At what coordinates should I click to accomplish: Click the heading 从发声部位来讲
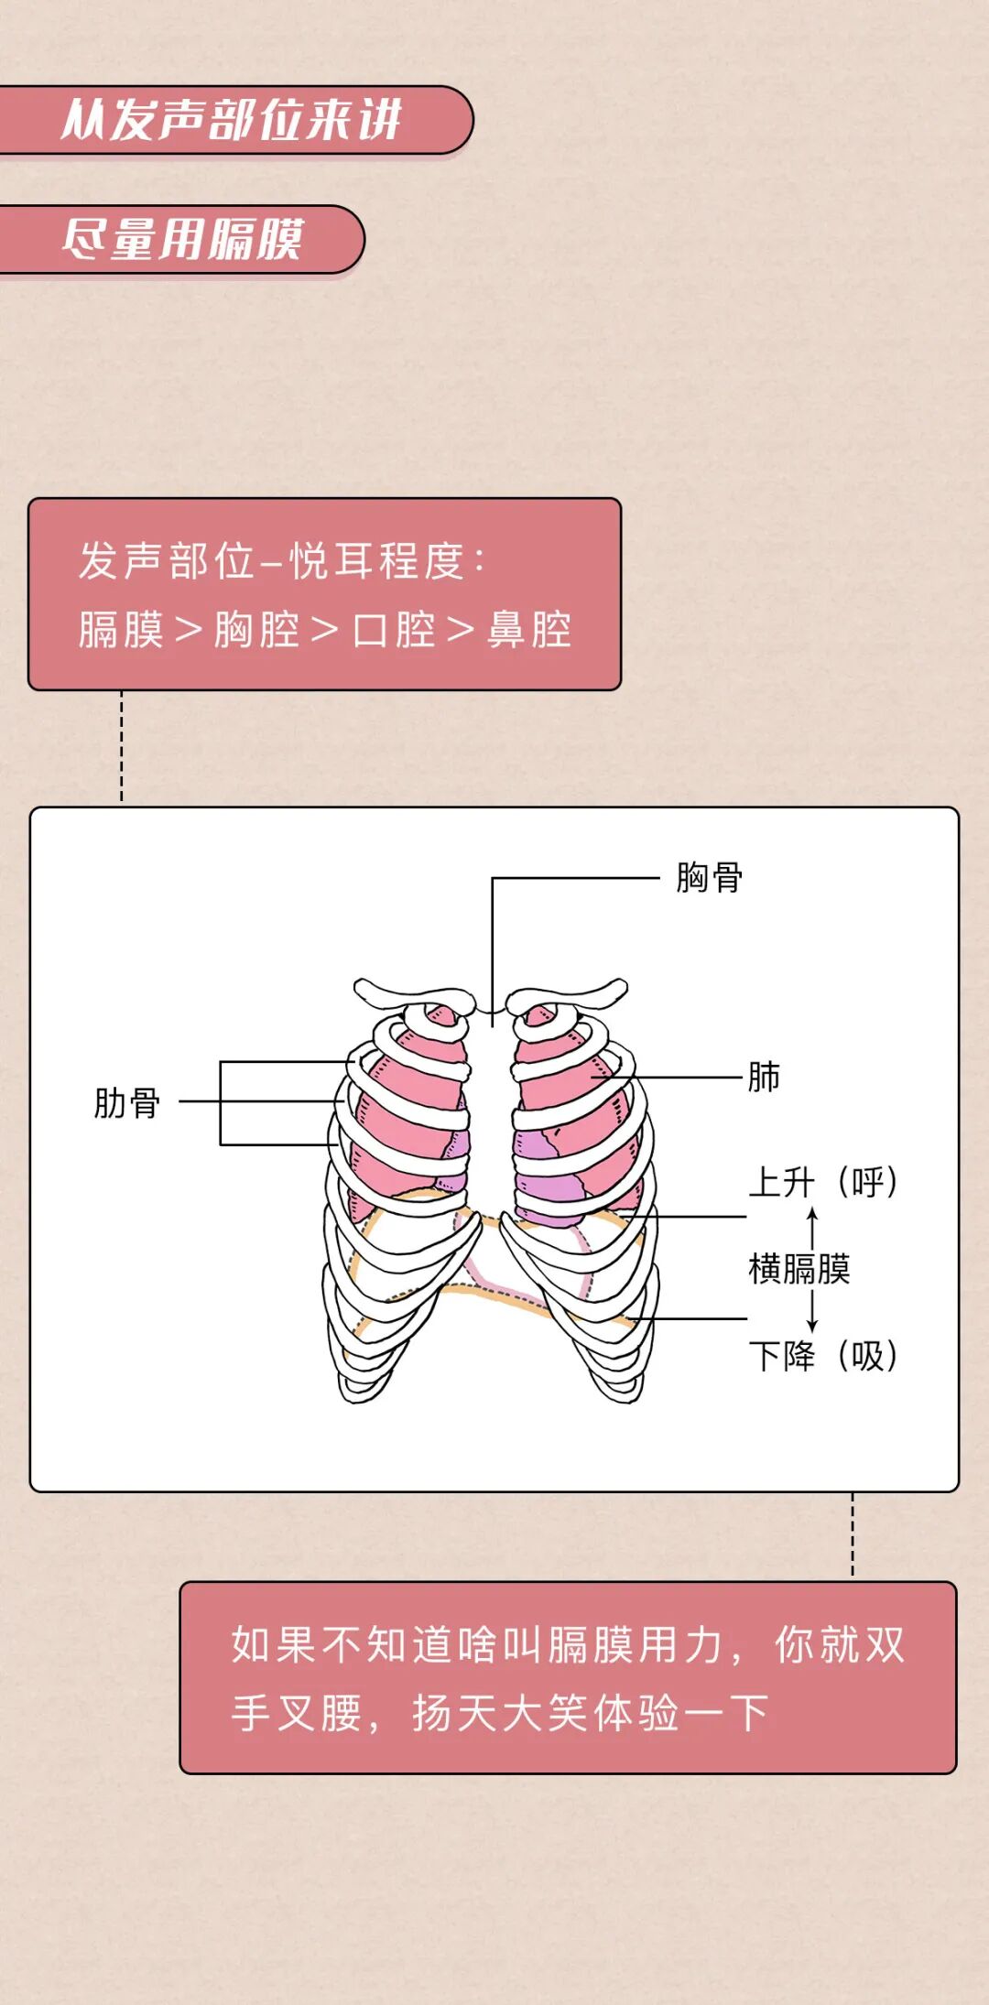point(232,120)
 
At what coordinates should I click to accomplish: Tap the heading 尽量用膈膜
point(182,239)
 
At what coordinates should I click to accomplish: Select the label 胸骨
point(709,877)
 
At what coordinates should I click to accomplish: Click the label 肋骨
point(127,1102)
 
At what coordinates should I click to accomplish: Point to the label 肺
point(764,1077)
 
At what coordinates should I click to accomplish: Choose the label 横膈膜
point(799,1269)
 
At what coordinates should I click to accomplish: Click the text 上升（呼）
point(822,1182)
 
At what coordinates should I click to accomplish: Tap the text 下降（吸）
point(822,1356)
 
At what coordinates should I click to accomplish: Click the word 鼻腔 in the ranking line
point(529,630)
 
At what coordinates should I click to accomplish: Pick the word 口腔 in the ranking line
point(394,630)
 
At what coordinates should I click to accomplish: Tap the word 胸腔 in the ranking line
point(257,630)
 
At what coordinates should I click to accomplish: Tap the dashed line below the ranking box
point(122,746)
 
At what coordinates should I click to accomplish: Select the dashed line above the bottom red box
point(853,1535)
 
